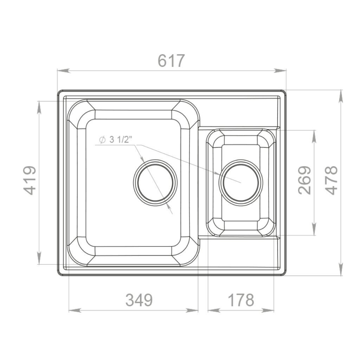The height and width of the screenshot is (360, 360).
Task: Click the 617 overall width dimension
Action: pyautogui.click(x=171, y=60)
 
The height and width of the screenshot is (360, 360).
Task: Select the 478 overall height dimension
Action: pyautogui.click(x=332, y=180)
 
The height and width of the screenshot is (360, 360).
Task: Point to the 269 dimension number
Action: pyautogui.click(x=304, y=180)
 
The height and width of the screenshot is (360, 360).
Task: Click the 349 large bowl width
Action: pyautogui.click(x=139, y=300)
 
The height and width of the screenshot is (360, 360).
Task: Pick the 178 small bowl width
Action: pyautogui.click(x=241, y=300)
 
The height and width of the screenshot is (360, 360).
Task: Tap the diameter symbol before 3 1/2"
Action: pyautogui.click(x=102, y=140)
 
